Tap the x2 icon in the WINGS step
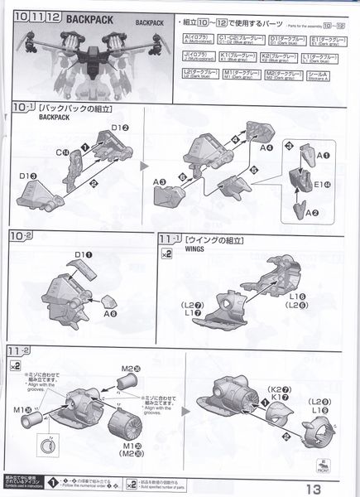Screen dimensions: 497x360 166,255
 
